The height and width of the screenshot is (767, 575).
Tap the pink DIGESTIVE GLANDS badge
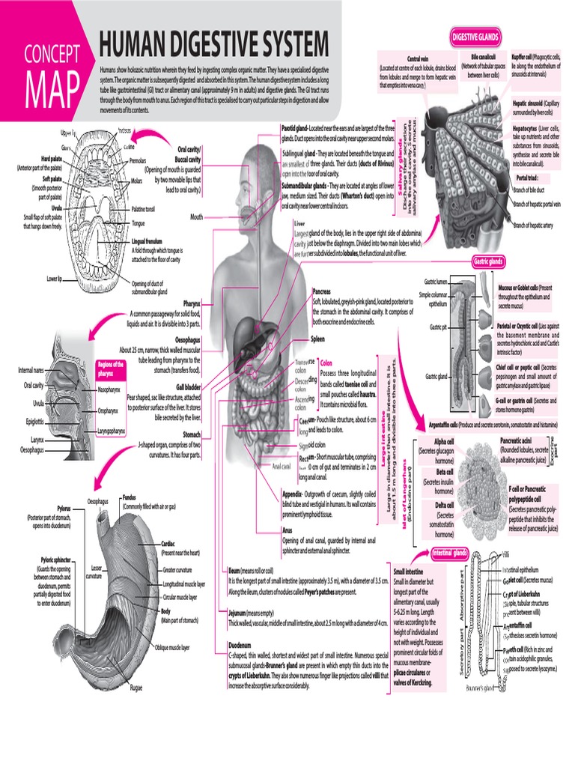click(x=475, y=37)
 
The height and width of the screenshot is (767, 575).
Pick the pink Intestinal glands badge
click(x=451, y=553)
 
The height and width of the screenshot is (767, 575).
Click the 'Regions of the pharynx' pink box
click(x=109, y=368)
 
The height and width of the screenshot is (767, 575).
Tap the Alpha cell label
click(x=445, y=442)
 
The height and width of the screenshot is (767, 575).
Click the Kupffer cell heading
click(x=526, y=56)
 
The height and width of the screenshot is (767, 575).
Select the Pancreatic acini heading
click(x=521, y=440)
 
